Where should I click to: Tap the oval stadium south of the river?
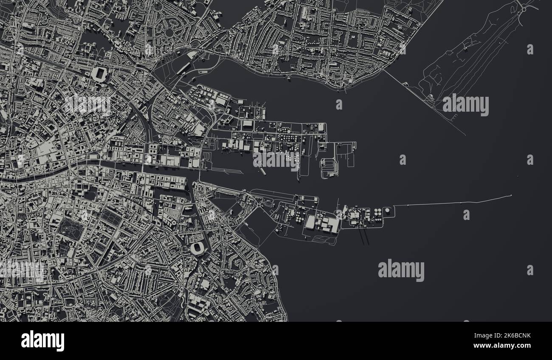tap(197, 248)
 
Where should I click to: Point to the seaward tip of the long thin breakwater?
tap(511, 195)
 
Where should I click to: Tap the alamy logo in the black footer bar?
tap(42, 340)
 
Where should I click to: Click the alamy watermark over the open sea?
tap(401, 270)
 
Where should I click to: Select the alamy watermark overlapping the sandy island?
tap(465, 105)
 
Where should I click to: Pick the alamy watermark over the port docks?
tap(276, 160)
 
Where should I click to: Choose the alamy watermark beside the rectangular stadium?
tap(87, 104)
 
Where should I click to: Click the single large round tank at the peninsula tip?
tap(387, 211)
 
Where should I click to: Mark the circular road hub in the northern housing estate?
tap(169, 32)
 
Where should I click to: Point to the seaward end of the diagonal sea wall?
tap(465, 135)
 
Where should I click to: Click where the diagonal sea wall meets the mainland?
tap(384, 70)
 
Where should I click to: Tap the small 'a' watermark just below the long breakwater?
tap(466, 215)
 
